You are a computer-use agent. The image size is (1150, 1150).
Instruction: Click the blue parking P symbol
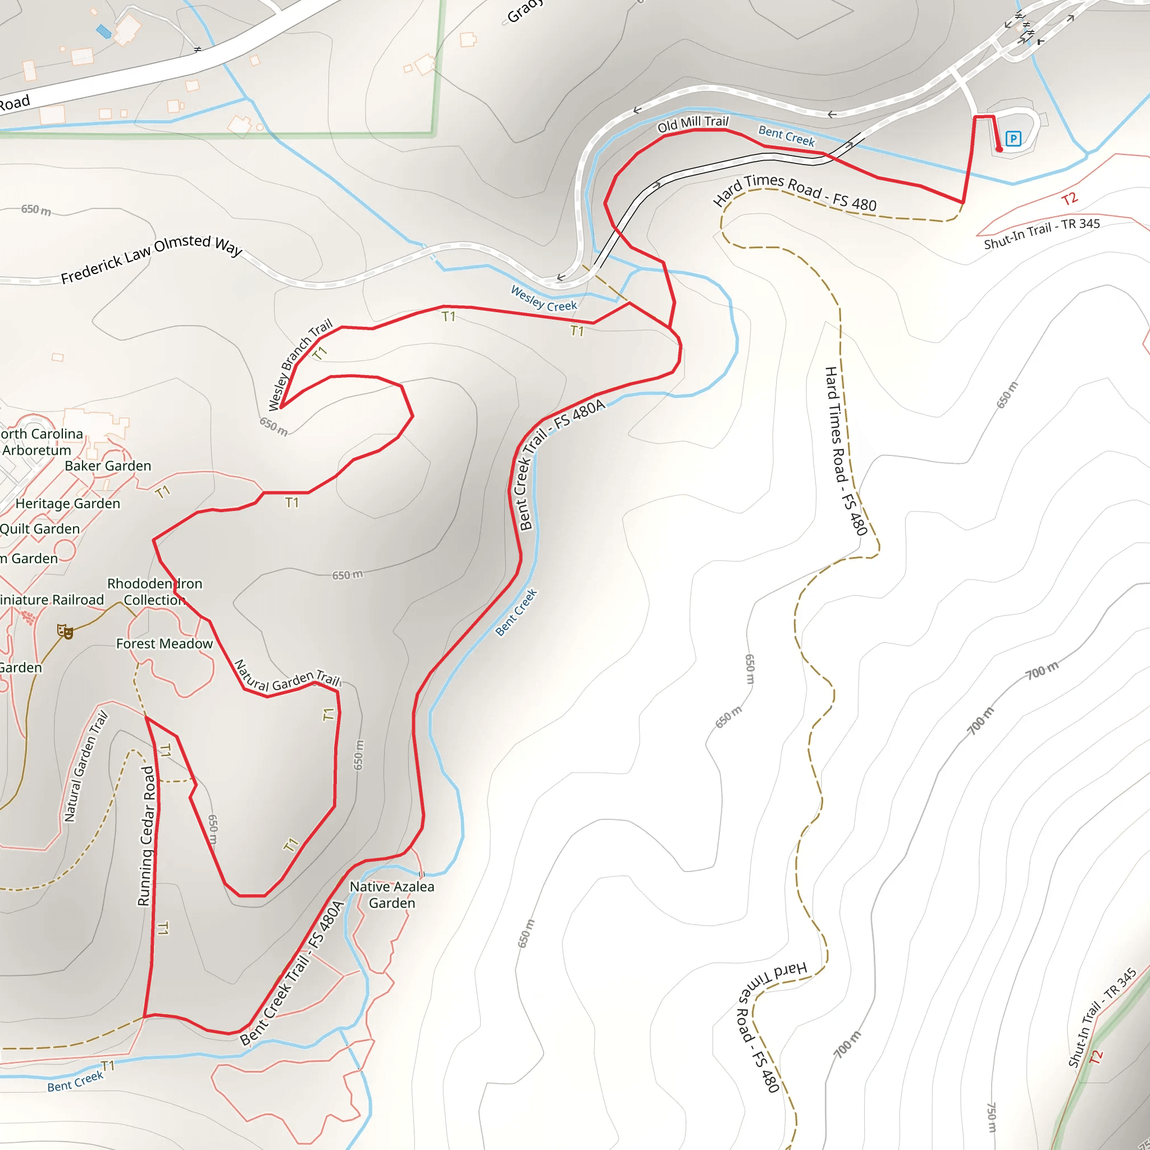pyautogui.click(x=1013, y=139)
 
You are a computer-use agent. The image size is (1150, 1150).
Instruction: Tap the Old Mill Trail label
pyautogui.click(x=693, y=124)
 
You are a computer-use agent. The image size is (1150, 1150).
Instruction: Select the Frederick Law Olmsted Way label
pyautogui.click(x=152, y=258)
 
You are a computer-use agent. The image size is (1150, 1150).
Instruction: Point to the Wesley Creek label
pyautogui.click(x=544, y=298)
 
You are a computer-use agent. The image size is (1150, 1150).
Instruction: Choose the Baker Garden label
pyautogui.click(x=108, y=466)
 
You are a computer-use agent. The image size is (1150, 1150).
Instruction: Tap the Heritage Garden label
pyautogui.click(x=68, y=504)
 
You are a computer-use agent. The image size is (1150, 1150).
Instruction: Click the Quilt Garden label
pyautogui.click(x=39, y=529)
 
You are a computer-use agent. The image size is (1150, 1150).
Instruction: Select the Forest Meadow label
pyautogui.click(x=165, y=644)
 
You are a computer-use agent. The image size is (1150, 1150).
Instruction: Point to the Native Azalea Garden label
pyautogui.click(x=392, y=895)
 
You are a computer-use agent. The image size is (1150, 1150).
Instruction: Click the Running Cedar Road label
pyautogui.click(x=147, y=836)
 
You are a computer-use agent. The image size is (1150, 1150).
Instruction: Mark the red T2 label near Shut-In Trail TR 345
pyautogui.click(x=1069, y=199)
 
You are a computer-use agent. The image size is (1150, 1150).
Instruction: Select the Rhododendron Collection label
pyautogui.click(x=154, y=592)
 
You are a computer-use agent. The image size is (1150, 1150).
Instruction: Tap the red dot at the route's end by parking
pyautogui.click(x=1000, y=149)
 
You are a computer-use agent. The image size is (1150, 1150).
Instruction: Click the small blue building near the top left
pyautogui.click(x=104, y=31)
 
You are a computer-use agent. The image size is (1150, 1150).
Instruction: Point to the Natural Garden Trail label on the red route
pyautogui.click(x=286, y=677)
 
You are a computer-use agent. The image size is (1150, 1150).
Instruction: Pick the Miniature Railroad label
pyautogui.click(x=51, y=599)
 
